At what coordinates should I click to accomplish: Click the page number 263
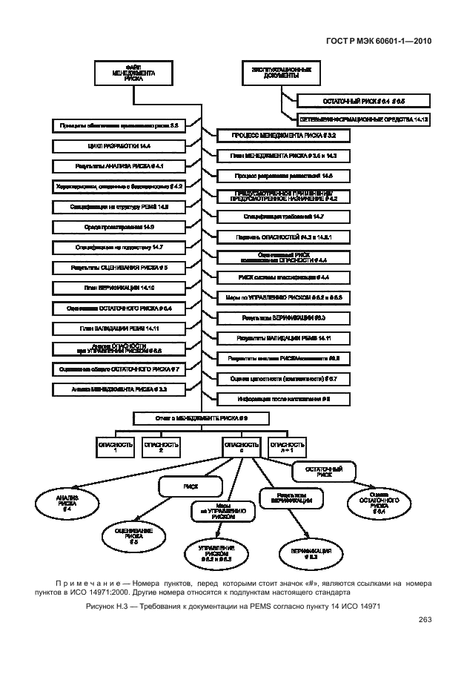coord(425,619)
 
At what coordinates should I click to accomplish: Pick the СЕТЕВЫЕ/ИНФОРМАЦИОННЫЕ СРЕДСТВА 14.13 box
coord(365,119)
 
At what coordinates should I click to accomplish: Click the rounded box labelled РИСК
coord(191,486)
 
